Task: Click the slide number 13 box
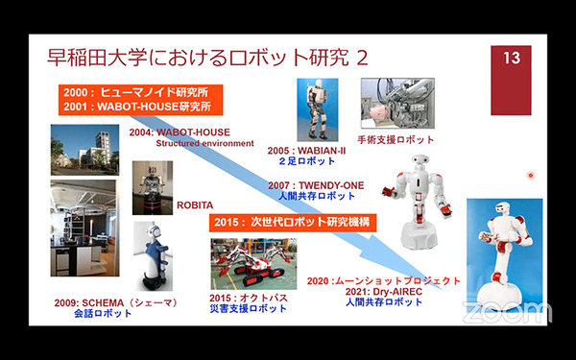click(511, 59)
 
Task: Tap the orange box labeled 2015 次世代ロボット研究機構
click(291, 222)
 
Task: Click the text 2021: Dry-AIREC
click(384, 291)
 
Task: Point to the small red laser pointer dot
click(530, 175)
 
